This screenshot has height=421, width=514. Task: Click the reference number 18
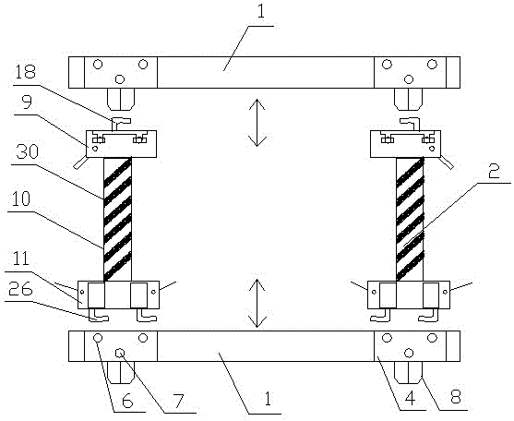(25, 72)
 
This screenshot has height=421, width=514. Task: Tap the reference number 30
(27, 152)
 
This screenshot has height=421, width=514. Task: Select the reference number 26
(20, 289)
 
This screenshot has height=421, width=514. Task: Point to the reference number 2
(495, 172)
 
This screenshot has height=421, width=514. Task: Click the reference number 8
(455, 396)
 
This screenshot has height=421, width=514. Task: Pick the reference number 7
(180, 400)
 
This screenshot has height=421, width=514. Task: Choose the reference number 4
(410, 397)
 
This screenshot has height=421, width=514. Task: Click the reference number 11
(21, 259)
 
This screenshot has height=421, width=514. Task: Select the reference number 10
(21, 199)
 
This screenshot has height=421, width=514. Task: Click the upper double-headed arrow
(257, 123)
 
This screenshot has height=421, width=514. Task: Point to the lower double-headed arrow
(257, 304)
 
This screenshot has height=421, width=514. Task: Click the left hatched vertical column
(118, 219)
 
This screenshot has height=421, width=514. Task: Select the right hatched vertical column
(410, 219)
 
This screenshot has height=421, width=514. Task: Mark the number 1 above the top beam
(260, 12)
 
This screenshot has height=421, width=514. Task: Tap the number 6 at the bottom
(126, 401)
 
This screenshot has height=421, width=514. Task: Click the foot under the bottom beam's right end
(408, 372)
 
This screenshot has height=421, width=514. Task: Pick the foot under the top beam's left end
(121, 99)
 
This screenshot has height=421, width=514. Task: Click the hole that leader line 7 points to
(120, 353)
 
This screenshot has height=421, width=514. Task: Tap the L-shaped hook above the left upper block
(119, 124)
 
